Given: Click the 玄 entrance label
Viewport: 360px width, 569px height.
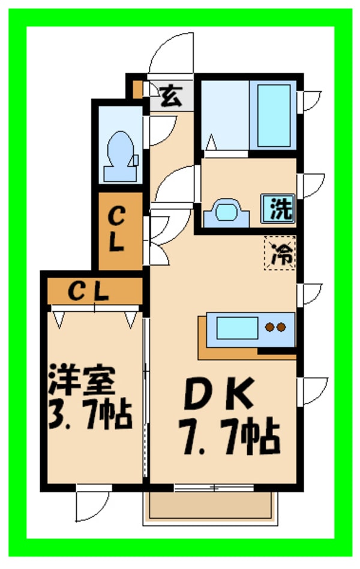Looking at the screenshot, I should pyautogui.click(x=171, y=95).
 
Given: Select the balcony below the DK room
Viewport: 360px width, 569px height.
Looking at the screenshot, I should pyautogui.click(x=211, y=505).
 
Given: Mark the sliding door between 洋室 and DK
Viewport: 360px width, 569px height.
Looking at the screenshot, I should pyautogui.click(x=146, y=396).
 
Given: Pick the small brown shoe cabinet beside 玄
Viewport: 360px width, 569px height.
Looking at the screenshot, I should pyautogui.click(x=138, y=89).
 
